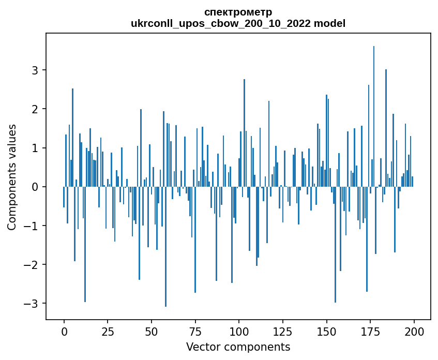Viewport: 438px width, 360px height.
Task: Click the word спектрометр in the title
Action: tap(238, 12)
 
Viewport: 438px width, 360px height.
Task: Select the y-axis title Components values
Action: tap(12, 177)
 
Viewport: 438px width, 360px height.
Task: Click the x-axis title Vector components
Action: tap(238, 347)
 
